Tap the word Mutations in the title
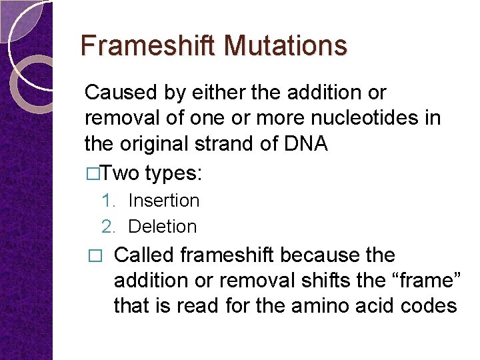285,45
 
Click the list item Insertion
163,200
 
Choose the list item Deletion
162,227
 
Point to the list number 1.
108,200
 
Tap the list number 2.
108,227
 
